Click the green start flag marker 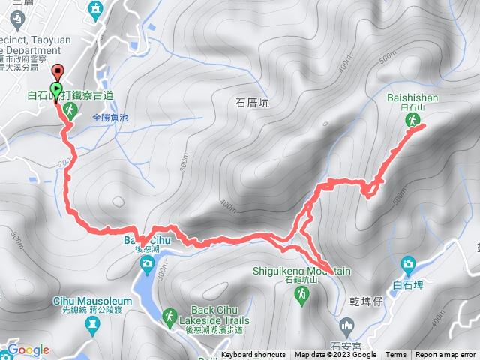click(57, 88)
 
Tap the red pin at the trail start click(58, 72)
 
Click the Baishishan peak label click(412, 97)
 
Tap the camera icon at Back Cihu click(146, 262)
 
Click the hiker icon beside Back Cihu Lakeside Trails click(169, 316)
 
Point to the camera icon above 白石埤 click(408, 264)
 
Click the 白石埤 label click(408, 285)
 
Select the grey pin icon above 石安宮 click(346, 325)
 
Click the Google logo click(28, 349)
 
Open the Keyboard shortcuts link click(253, 355)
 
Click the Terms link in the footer click(395, 355)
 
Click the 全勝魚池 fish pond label click(111, 118)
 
